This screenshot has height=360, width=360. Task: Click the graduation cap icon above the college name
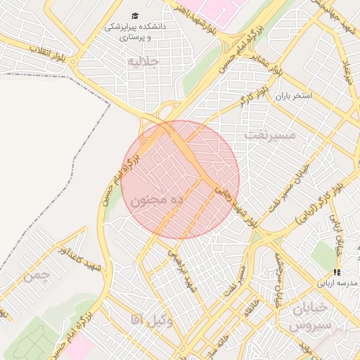(134, 16)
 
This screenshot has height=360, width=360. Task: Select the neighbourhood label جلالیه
(143, 62)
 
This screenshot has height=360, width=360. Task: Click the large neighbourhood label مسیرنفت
(270, 133)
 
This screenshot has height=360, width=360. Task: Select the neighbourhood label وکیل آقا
(151, 321)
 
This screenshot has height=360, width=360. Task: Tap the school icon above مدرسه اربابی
(337, 272)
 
